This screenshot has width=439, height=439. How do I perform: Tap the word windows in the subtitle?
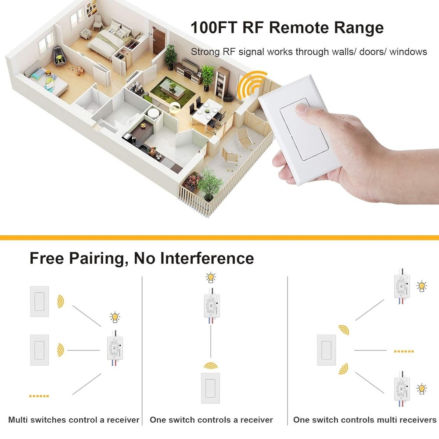coord(408,52)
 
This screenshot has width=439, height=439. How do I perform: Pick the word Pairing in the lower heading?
coord(97,258)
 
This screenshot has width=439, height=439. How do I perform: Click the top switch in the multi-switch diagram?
coord(40,301)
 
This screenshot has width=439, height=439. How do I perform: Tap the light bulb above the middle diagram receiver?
coord(211,278)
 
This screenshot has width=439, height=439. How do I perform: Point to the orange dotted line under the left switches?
coord(39,396)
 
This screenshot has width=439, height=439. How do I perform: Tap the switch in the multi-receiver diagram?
coord(326,350)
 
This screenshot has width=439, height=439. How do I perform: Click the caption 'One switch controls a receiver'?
coord(211,420)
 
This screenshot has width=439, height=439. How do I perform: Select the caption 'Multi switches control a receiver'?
coord(74,420)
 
